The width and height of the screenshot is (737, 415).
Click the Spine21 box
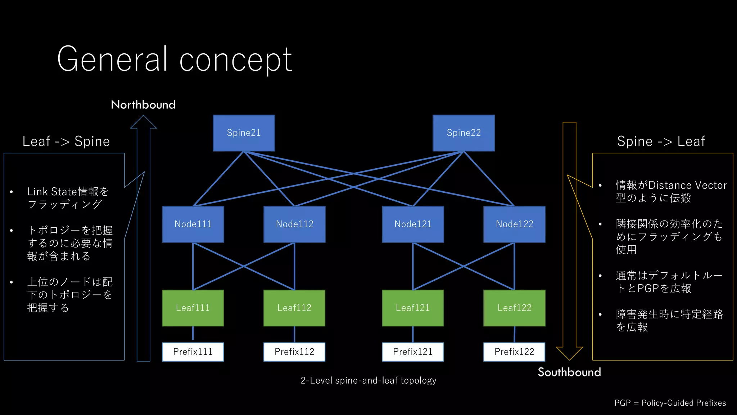point(244,133)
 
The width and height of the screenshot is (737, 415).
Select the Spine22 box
point(464,133)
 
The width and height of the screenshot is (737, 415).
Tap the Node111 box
point(193,224)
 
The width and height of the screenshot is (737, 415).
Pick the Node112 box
point(294,224)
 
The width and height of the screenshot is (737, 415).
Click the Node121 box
point(413,224)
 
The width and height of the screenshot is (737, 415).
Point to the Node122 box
point(514,224)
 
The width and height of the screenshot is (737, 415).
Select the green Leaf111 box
point(193,308)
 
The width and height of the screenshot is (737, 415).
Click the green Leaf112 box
point(294,308)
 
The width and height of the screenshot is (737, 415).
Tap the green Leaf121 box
point(413,308)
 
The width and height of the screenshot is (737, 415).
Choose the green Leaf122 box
point(514,308)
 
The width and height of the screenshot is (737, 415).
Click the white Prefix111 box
point(193,352)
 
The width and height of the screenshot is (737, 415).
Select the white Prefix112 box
point(294,352)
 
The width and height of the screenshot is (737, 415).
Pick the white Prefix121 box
point(413,352)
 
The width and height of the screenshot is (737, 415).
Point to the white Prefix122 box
point(514,352)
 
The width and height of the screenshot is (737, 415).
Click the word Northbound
point(143,105)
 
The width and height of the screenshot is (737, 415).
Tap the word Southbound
point(569,372)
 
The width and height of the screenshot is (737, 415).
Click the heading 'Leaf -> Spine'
point(66,141)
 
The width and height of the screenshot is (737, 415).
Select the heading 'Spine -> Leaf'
point(661,141)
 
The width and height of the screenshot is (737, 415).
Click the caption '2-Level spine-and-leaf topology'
point(368,380)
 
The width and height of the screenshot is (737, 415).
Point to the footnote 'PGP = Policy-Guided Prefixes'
point(670,403)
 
